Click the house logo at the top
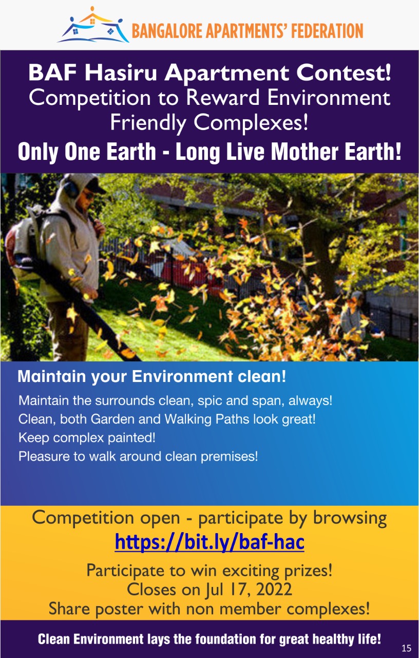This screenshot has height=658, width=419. click(93, 25)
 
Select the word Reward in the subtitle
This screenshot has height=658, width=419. click(223, 97)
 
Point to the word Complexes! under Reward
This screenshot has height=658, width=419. click(251, 122)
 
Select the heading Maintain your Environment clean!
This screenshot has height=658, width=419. click(151, 376)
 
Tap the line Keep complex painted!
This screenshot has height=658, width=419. click(87, 438)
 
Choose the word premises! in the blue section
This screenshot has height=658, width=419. click(229, 456)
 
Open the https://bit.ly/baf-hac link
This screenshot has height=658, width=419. click(209, 542)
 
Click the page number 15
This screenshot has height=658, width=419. click(406, 648)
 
